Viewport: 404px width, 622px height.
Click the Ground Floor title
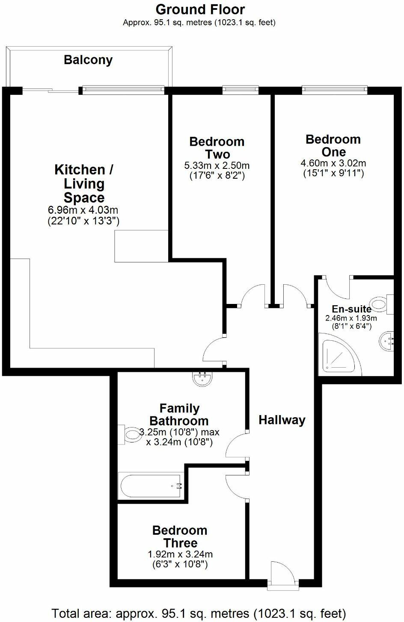click(x=200, y=9)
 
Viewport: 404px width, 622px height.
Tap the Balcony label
click(x=88, y=59)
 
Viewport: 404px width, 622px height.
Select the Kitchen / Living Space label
click(x=84, y=183)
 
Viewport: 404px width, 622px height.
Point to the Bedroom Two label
click(x=217, y=147)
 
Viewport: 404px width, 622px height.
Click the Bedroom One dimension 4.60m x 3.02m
click(x=333, y=163)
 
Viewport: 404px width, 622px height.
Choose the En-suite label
click(x=351, y=309)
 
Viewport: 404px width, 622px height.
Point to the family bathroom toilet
click(x=130, y=435)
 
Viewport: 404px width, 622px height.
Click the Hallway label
click(x=282, y=420)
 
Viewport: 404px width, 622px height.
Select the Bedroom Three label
click(x=180, y=537)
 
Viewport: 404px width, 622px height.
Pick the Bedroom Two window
click(x=241, y=89)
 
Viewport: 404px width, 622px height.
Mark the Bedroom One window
click(x=334, y=89)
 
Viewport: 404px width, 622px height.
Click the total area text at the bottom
click(x=199, y=613)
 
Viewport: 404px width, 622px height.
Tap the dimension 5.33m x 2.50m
click(x=217, y=165)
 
